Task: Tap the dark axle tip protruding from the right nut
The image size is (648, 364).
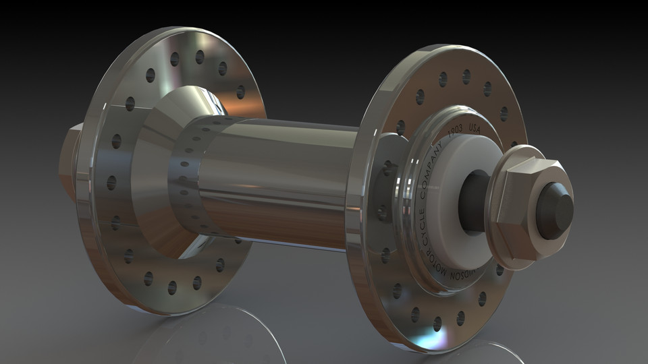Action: tap(555, 211)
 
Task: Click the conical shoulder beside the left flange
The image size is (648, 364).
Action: tap(152, 175)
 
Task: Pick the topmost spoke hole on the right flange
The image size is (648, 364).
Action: tap(466, 76)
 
